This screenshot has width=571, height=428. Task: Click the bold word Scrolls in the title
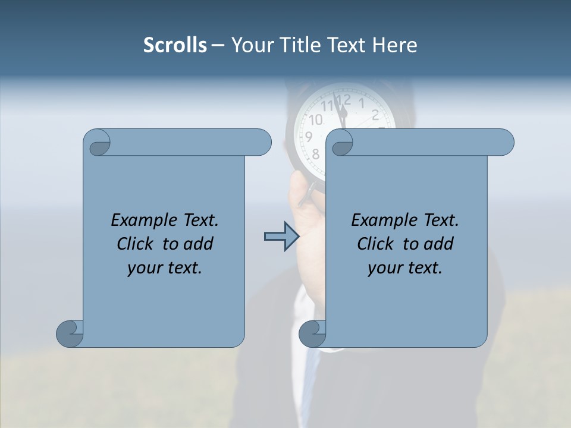click(175, 45)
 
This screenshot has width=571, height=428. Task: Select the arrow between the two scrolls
click(281, 237)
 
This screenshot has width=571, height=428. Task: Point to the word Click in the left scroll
click(136, 244)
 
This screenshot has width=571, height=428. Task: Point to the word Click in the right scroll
click(377, 244)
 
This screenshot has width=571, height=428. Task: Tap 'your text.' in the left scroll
click(165, 268)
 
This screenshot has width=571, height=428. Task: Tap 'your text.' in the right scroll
click(405, 268)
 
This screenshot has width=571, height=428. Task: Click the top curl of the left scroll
click(98, 143)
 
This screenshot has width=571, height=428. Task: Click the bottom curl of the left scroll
click(70, 333)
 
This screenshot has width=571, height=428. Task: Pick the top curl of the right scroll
click(342, 143)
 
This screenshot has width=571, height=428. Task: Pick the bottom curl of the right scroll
click(312, 333)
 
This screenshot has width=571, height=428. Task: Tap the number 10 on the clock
click(315, 120)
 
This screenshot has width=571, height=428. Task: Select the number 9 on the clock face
click(309, 137)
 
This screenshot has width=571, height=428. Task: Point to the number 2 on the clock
click(375, 115)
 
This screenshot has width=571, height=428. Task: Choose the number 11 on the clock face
click(327, 106)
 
